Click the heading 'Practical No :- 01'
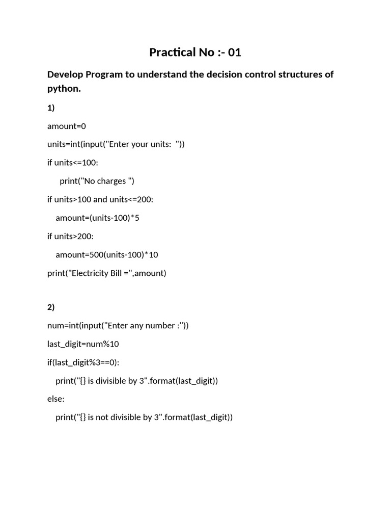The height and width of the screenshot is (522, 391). (x=195, y=52)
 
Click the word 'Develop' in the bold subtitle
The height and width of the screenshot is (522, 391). (x=65, y=74)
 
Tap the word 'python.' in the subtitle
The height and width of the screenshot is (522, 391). (x=64, y=89)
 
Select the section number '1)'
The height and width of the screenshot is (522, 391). (x=51, y=108)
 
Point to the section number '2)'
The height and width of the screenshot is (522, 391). (x=51, y=307)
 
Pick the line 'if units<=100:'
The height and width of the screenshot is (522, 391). (x=73, y=163)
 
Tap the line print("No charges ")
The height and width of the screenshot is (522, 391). (x=97, y=181)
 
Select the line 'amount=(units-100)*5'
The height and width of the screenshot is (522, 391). (x=97, y=218)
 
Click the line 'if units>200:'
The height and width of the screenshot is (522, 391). (x=70, y=236)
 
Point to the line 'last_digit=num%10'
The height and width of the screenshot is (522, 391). (x=83, y=344)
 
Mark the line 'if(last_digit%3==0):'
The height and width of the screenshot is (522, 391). (x=84, y=362)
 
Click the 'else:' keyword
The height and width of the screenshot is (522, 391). (x=56, y=399)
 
